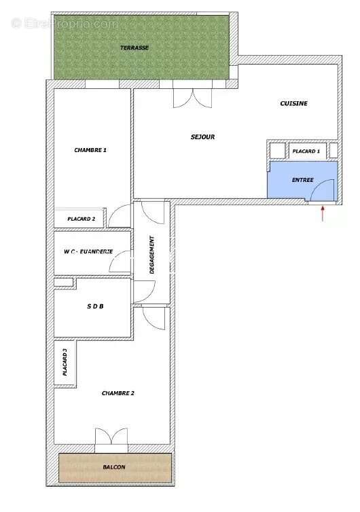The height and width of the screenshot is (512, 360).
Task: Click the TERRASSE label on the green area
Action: click(134, 48)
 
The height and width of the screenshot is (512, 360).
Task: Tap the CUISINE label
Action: click(294, 103)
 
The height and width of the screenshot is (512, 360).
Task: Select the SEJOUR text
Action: click(202, 137)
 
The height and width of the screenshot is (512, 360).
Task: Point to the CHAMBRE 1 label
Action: click(90, 150)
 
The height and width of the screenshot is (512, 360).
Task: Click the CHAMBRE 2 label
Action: click(118, 393)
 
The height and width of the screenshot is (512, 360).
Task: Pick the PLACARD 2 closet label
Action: click(86, 219)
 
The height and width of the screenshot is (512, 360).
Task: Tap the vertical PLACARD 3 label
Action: click(65, 363)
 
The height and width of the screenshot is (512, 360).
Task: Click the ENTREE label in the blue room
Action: click(302, 180)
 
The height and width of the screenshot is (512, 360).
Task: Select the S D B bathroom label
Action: click(94, 306)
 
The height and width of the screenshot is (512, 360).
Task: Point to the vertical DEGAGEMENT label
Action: click(152, 255)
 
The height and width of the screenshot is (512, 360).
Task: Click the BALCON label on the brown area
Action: click(114, 467)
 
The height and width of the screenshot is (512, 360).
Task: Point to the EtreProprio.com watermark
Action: click(64, 24)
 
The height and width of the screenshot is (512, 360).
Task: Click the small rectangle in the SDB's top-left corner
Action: click(63, 282)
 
